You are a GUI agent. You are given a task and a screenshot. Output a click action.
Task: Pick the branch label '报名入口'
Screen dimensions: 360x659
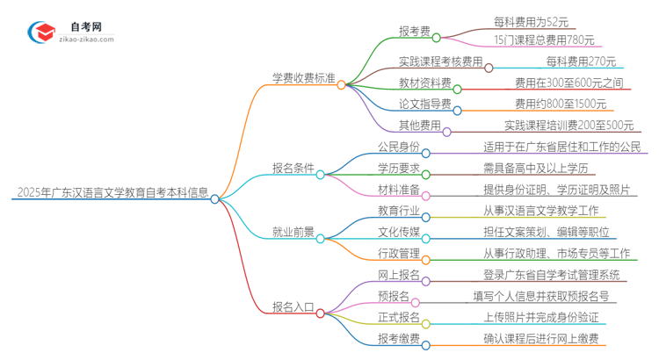293,307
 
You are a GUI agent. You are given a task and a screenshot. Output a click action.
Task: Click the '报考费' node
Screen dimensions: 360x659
415,32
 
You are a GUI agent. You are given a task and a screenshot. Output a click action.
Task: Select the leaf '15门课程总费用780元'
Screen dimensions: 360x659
544,40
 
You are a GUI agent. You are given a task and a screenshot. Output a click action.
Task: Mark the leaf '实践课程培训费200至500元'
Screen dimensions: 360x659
568,126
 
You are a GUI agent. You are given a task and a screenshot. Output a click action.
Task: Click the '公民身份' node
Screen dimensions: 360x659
399,147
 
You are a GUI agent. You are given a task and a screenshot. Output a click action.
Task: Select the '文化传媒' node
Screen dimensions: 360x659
399,233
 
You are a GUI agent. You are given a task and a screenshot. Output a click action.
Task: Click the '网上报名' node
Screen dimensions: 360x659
399,276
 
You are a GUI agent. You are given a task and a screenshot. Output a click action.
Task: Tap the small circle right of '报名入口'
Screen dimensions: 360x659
322,312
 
